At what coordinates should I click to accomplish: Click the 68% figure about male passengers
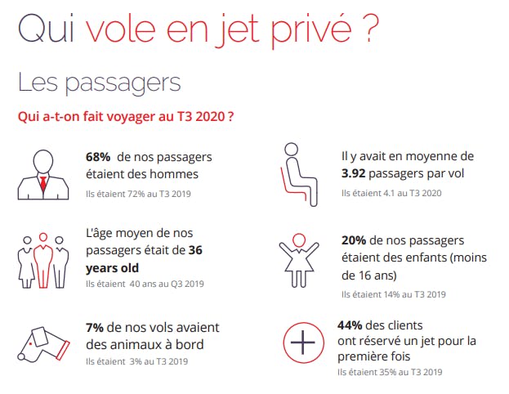click(x=98, y=156)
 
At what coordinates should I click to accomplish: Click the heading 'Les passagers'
click(x=99, y=83)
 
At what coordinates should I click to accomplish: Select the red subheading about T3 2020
click(x=127, y=117)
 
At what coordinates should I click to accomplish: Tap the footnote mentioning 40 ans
click(x=144, y=284)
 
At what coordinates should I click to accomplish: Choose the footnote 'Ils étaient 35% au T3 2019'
click(x=391, y=373)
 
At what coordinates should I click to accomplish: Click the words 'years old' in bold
click(x=112, y=267)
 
